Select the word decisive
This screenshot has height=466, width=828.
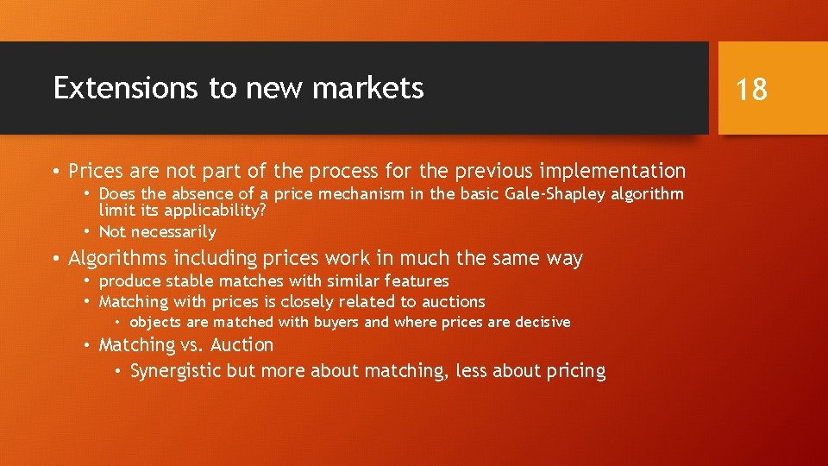click(543, 322)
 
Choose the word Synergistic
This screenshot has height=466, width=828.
click(175, 371)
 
